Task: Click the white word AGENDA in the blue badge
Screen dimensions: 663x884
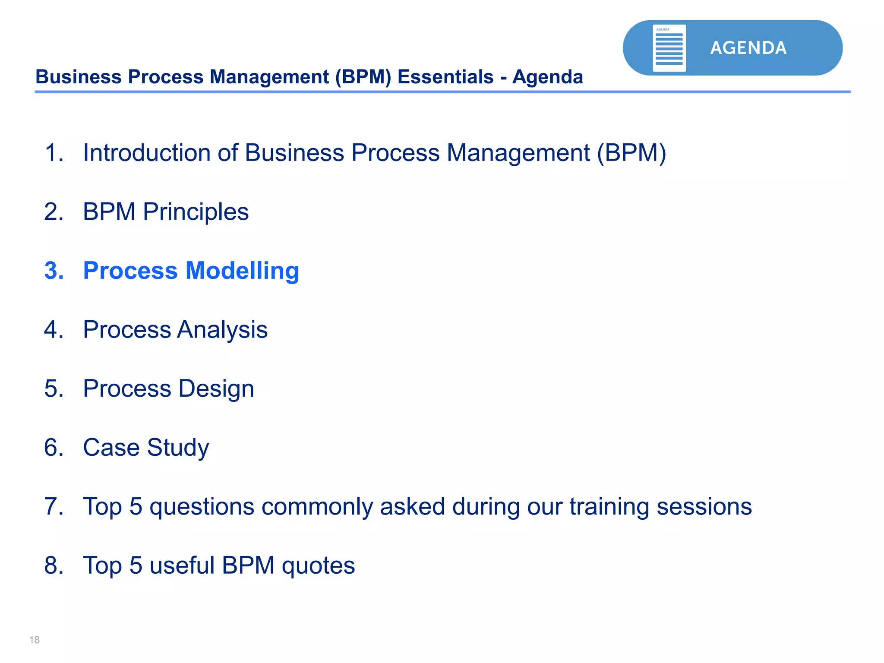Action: point(748,48)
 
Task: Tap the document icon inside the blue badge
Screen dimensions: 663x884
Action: point(669,48)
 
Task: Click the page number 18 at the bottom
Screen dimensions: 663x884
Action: point(35,640)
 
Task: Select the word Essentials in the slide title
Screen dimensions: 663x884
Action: point(445,77)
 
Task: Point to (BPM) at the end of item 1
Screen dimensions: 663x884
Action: point(632,153)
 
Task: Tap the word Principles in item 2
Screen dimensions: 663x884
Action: point(196,212)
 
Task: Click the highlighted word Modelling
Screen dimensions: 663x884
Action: point(242,271)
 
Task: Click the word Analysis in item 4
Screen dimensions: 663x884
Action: point(222,330)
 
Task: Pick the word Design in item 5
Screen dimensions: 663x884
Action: point(216,388)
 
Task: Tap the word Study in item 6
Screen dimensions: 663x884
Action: point(178,448)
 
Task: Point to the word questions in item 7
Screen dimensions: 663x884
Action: point(202,507)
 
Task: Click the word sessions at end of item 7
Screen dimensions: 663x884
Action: point(704,507)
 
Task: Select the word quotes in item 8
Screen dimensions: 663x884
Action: point(318,566)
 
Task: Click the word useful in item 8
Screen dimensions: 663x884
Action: point(182,565)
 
